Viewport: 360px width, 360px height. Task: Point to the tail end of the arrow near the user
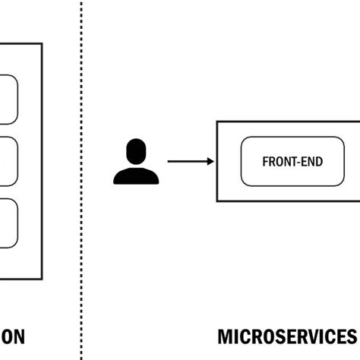tap(169, 161)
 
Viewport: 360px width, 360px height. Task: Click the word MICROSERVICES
tap(287, 335)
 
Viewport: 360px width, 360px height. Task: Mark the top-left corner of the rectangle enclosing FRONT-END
tap(217, 122)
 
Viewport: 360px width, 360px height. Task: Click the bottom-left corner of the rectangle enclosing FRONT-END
tap(217, 201)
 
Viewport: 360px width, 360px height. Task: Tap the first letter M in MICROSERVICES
tap(225, 335)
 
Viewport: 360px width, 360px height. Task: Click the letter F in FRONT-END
tap(264, 162)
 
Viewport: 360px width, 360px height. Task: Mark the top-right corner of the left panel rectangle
tap(42, 45)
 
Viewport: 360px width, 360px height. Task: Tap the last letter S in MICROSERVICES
tap(351, 335)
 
